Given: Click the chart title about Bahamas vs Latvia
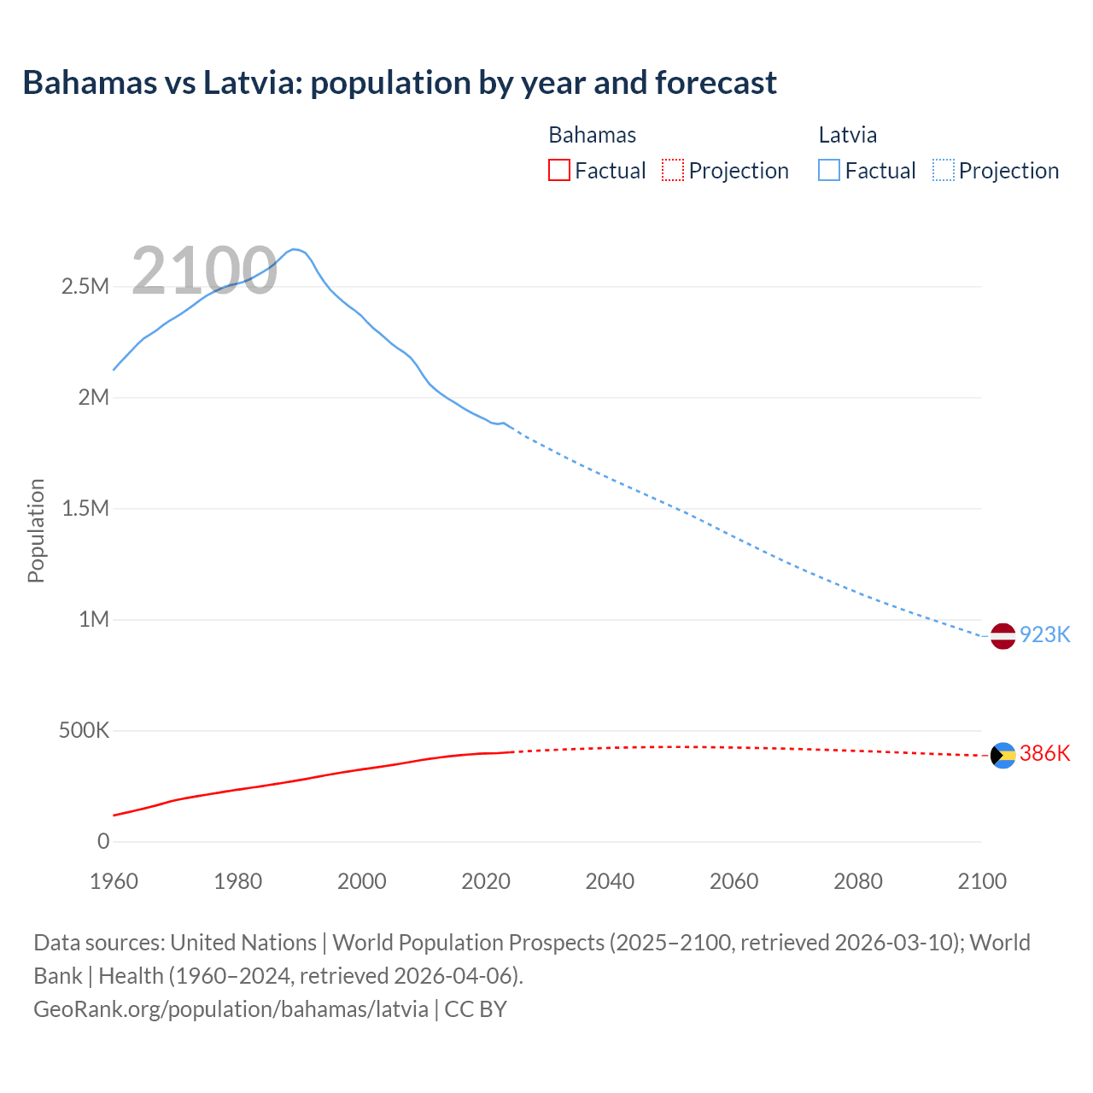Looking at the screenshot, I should (x=400, y=83).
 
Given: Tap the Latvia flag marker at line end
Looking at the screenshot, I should (x=1002, y=636).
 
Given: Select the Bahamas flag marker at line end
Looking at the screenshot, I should (x=1002, y=756).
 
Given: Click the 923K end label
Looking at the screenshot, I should (x=1044, y=635).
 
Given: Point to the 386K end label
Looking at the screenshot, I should (x=1044, y=754).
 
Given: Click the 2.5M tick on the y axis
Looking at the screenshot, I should (x=85, y=287).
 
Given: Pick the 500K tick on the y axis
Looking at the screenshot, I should (x=84, y=731).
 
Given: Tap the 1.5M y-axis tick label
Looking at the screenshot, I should (x=85, y=509).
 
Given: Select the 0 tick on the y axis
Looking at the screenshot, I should (x=103, y=842).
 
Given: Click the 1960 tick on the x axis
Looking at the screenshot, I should (x=114, y=882).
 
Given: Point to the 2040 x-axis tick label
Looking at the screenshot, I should (x=610, y=882).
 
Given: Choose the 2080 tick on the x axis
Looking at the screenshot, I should (x=857, y=882).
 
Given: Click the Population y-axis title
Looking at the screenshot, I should (x=36, y=530).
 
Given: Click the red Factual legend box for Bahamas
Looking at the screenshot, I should (x=559, y=171).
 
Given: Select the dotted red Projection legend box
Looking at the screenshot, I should (x=673, y=171).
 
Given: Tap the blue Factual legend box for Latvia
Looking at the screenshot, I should (x=829, y=171).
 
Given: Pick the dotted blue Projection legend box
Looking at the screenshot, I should (x=943, y=171).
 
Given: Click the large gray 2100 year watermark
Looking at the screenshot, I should (x=204, y=272).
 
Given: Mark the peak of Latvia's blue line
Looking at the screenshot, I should (x=294, y=249).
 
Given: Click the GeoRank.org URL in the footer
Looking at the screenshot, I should (x=231, y=1009).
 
